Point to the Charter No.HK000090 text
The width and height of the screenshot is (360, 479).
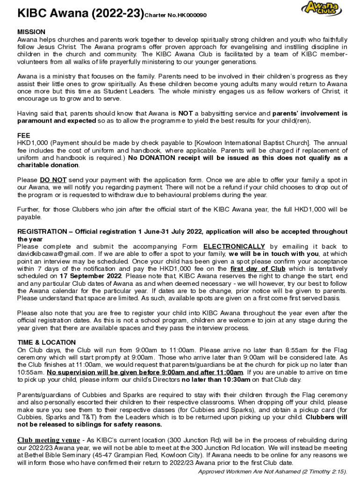[175, 15]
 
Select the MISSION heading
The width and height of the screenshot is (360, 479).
[31, 32]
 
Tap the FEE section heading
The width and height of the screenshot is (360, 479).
[24, 135]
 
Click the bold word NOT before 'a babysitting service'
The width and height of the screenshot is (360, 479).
[186, 113]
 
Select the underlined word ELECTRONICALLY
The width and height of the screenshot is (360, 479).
[234, 247]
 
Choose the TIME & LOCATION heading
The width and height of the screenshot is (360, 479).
[46, 342]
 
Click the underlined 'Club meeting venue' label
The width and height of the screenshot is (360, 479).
[48, 440]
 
